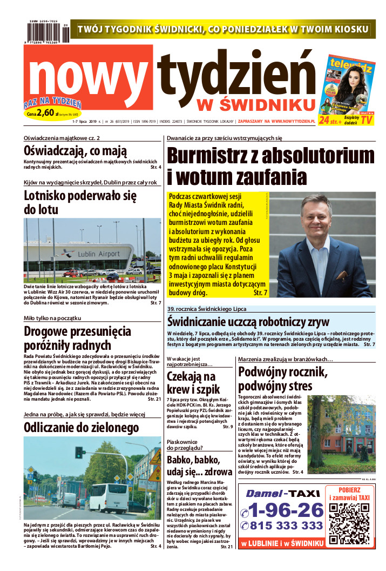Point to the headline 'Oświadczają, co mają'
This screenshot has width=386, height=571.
[x=75, y=151]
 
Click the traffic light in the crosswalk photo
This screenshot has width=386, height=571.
[x=79, y=453]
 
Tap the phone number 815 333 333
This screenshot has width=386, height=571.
[x=282, y=526]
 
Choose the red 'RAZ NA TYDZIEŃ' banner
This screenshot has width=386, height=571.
[x=52, y=103]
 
